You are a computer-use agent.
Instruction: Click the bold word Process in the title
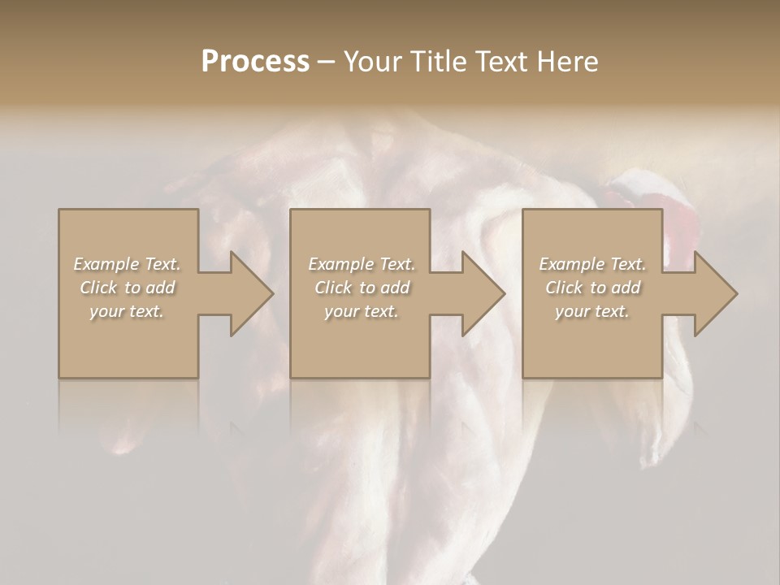pyautogui.click(x=255, y=62)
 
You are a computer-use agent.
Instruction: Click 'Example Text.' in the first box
pyautogui.click(x=127, y=264)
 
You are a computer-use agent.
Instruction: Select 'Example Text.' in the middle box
pyautogui.click(x=361, y=264)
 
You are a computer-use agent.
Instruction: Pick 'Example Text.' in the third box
pyautogui.click(x=592, y=264)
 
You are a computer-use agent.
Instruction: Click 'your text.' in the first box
pyautogui.click(x=127, y=311)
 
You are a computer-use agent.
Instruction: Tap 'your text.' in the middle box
pyautogui.click(x=361, y=311)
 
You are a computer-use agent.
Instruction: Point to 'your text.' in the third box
pyautogui.click(x=592, y=311)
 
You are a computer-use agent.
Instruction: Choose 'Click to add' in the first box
pyautogui.click(x=127, y=288)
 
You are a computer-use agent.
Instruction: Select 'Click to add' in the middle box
pyautogui.click(x=361, y=288)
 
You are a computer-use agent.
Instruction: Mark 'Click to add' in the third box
pyautogui.click(x=592, y=288)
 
